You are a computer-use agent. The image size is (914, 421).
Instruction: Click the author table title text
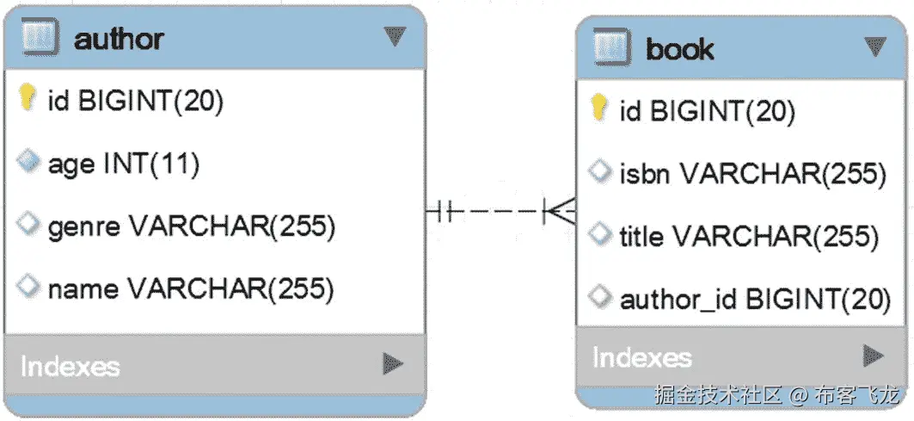(x=120, y=38)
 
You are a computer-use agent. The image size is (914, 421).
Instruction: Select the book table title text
(x=679, y=49)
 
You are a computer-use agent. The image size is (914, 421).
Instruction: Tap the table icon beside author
(x=40, y=37)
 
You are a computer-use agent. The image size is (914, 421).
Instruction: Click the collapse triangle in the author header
(x=394, y=36)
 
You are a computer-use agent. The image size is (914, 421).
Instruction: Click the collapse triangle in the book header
(x=874, y=46)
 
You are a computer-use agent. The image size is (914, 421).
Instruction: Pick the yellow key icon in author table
(x=28, y=99)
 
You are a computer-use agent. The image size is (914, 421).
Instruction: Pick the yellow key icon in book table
(x=599, y=108)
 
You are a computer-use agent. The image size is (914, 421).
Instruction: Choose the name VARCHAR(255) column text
(x=190, y=288)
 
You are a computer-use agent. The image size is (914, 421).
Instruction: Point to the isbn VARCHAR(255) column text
(x=752, y=173)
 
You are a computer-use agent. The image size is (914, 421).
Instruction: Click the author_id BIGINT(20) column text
(x=754, y=299)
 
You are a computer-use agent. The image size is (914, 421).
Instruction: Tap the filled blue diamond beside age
(x=28, y=162)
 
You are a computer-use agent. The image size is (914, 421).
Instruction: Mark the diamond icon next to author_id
(x=599, y=297)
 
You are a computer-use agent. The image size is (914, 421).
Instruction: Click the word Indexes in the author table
(x=70, y=366)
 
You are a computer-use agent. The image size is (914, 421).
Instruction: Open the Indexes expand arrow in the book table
(x=874, y=355)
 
